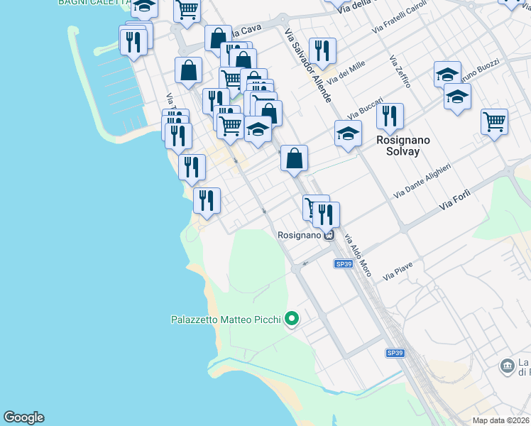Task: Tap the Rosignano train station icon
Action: click(x=329, y=235)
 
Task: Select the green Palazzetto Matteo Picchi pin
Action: click(x=290, y=320)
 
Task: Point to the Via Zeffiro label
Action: click(x=400, y=72)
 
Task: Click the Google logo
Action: click(x=23, y=417)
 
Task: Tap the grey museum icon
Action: click(x=508, y=366)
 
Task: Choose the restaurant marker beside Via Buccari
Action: click(x=390, y=116)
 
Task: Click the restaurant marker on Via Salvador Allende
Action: click(x=323, y=51)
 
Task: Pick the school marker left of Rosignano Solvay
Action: click(x=348, y=133)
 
